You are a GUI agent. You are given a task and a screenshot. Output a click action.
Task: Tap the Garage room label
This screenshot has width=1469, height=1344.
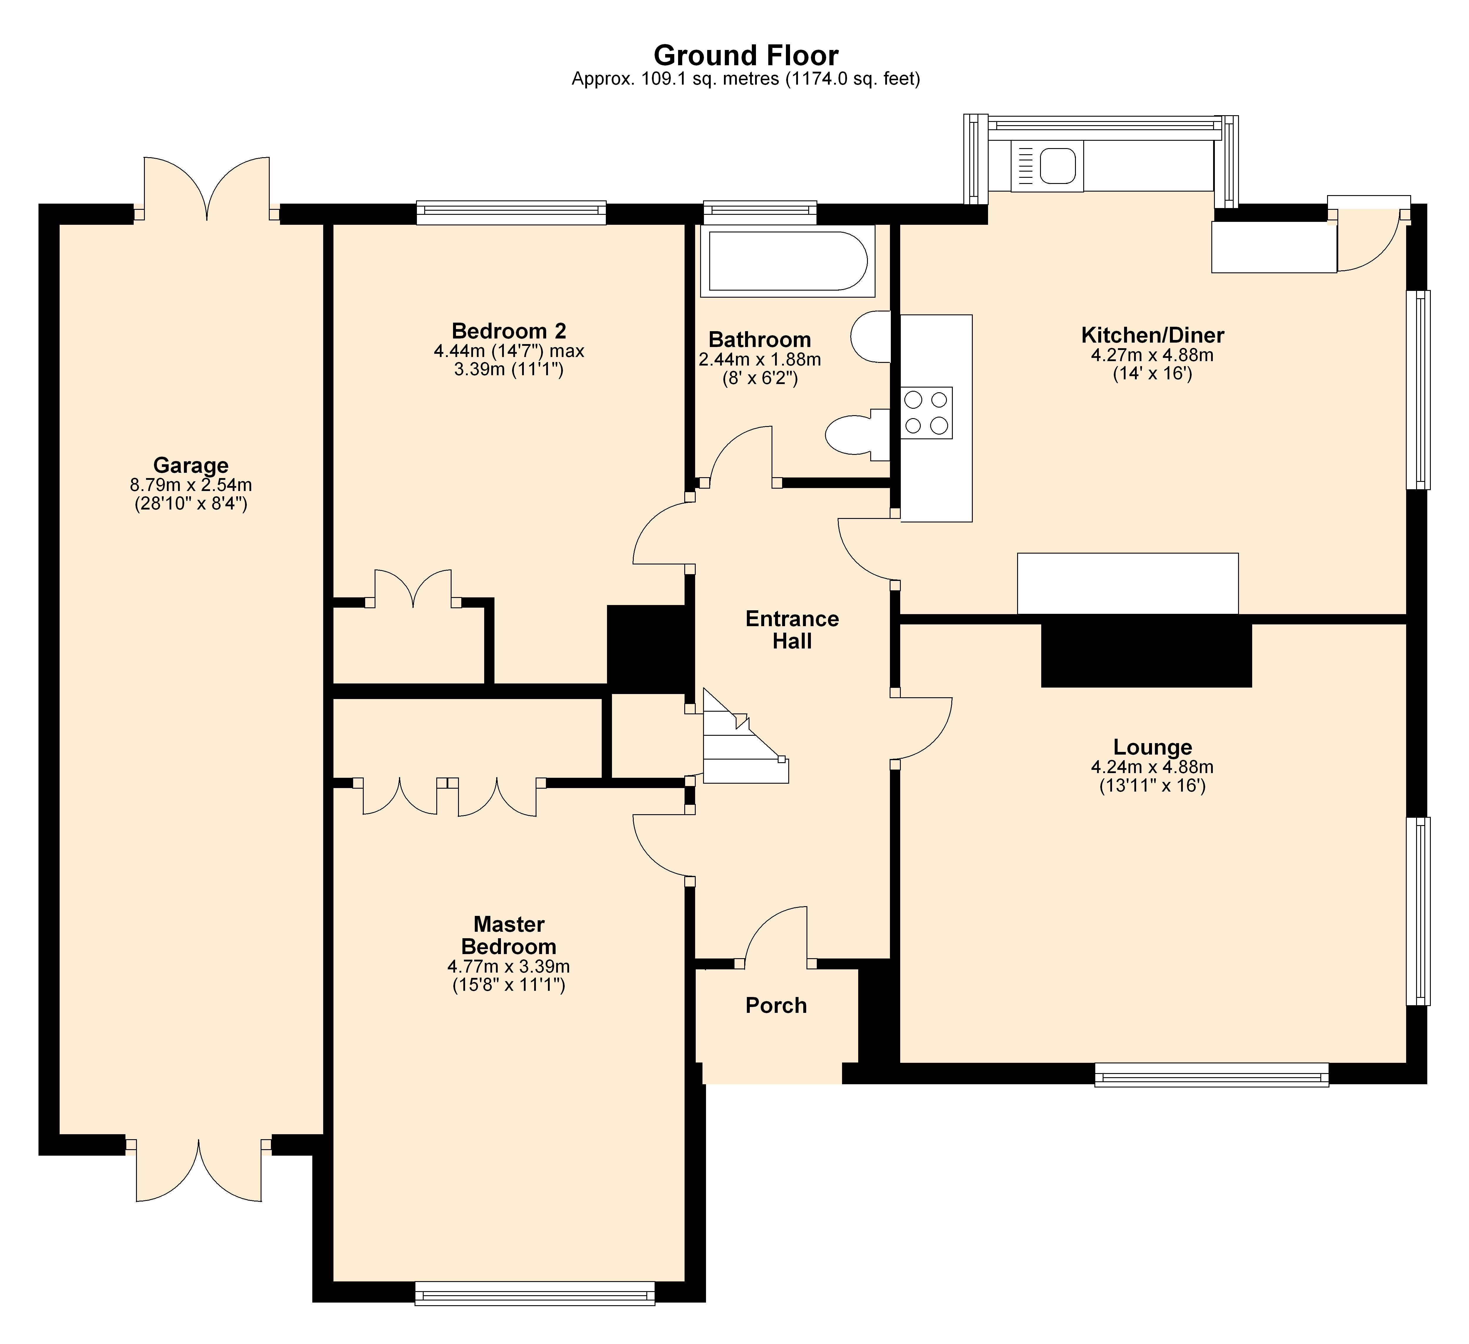[x=191, y=465]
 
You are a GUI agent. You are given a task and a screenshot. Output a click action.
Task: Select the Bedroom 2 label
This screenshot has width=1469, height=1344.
[x=509, y=331]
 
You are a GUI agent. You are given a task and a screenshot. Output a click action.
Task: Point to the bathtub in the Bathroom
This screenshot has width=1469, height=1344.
[x=787, y=261]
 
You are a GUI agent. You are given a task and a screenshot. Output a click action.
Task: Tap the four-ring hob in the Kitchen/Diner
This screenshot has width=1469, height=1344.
[x=926, y=413]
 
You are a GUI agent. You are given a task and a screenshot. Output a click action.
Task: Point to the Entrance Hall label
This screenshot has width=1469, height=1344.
[x=792, y=630]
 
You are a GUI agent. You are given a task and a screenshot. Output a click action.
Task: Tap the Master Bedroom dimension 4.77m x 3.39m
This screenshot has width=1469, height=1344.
[x=509, y=966]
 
